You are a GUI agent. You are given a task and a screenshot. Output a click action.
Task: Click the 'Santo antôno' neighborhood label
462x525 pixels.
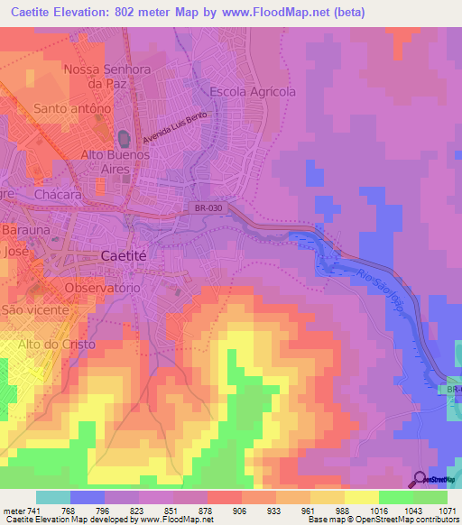point(72,108)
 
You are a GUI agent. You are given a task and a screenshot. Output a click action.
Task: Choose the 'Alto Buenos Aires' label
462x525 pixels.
point(115,161)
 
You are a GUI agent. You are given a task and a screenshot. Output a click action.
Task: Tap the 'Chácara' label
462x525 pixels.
point(59,194)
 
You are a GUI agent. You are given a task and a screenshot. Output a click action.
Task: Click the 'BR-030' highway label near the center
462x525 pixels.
point(207,208)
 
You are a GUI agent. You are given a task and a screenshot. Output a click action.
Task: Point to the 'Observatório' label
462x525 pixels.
point(102,288)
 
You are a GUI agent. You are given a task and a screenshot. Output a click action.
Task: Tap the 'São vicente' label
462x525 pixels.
point(36,309)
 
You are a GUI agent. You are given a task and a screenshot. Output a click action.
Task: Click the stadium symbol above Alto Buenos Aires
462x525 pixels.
point(124,138)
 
